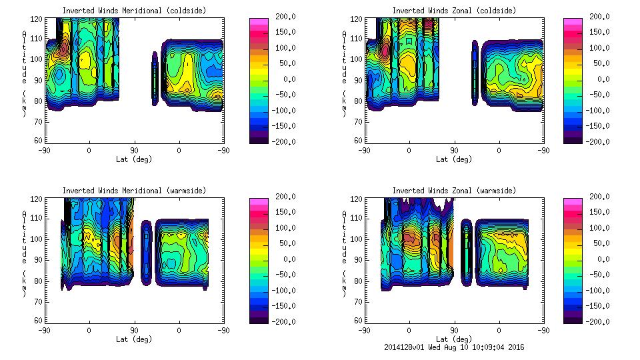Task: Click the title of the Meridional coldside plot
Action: [x=134, y=11]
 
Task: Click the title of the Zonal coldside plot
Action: [x=454, y=11]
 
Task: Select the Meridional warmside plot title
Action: [x=134, y=191]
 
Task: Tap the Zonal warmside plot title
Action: [x=454, y=191]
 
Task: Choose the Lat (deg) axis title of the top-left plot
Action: [x=134, y=159]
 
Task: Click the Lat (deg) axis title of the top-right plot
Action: [x=454, y=159]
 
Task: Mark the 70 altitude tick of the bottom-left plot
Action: [x=37, y=301]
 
